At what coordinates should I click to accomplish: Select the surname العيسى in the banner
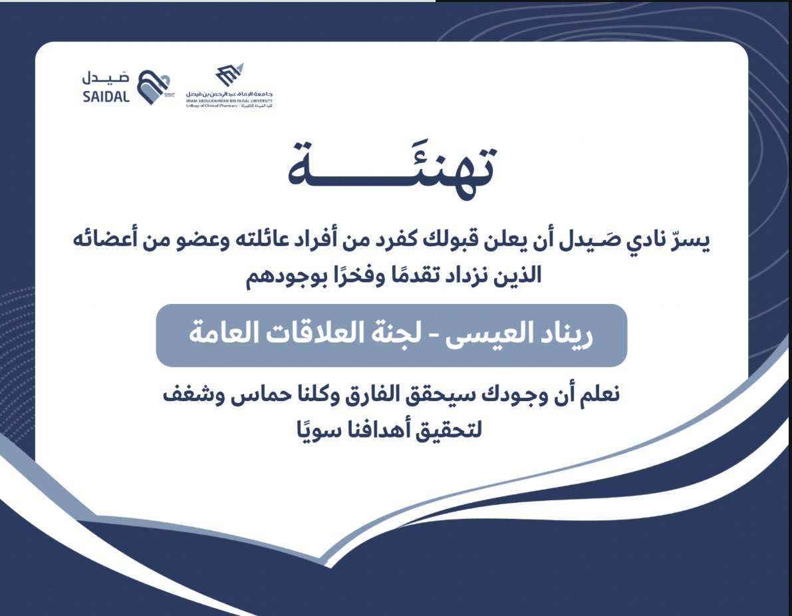(x=491, y=335)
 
